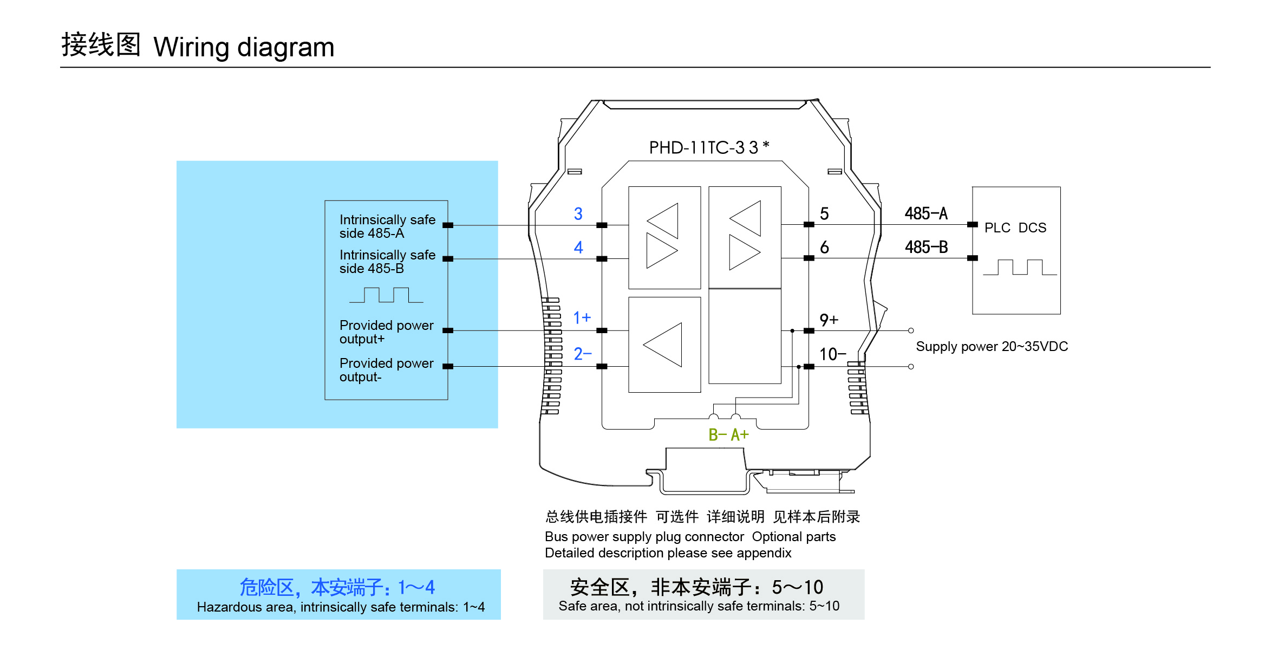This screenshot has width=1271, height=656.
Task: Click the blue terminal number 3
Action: (578, 214)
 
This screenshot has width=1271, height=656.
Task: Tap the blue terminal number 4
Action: (578, 248)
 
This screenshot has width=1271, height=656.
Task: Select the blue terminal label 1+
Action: (582, 317)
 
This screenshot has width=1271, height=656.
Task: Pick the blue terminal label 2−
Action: (583, 354)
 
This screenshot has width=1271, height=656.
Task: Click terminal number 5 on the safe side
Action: (824, 214)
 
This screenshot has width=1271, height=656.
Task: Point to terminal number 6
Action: (824, 248)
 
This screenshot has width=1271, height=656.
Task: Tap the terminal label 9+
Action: (829, 320)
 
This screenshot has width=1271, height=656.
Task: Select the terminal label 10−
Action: (832, 354)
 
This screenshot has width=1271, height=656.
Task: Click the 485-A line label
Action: (926, 213)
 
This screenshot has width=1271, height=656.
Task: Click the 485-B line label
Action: (926, 247)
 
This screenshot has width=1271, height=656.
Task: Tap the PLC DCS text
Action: (1015, 228)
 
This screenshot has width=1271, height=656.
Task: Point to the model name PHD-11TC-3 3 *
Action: (709, 147)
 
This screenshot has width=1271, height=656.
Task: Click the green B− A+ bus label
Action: (728, 434)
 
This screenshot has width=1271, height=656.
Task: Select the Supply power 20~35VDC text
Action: (992, 347)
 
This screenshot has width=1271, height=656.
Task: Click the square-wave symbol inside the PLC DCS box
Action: (1020, 268)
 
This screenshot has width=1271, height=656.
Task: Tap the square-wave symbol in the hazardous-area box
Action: (386, 295)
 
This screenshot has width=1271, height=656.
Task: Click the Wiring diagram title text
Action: (244, 47)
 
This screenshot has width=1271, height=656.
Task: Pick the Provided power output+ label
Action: (386, 332)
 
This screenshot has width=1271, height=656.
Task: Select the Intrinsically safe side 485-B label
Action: (387, 261)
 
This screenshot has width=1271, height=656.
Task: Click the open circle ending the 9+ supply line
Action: (911, 330)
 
